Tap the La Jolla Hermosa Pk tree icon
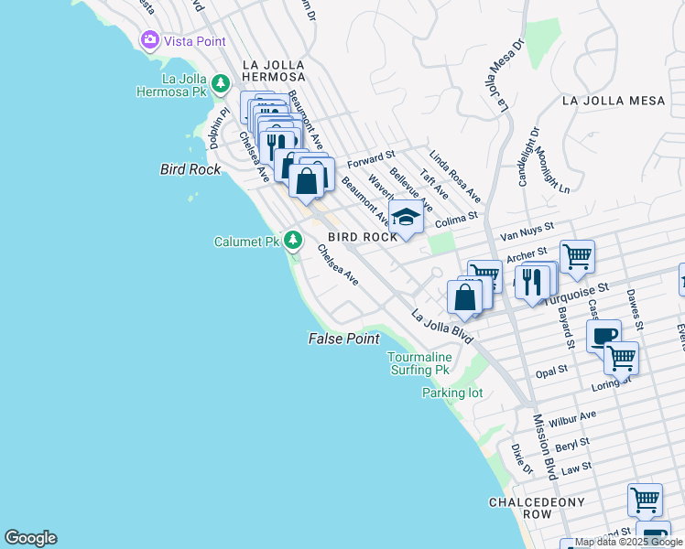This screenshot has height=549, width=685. click(221, 85)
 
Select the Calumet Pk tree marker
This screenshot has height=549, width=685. click(292, 241)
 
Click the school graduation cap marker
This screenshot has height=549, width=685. click(406, 216)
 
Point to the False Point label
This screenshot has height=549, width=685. click(342, 339)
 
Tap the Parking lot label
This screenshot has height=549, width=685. click(451, 393)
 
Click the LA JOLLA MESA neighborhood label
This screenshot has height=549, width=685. click(614, 101)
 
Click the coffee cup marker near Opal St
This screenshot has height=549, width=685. click(603, 336)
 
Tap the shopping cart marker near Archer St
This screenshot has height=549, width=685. click(577, 256)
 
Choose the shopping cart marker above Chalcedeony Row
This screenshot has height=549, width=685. click(645, 500)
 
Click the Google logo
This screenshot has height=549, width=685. click(30, 538)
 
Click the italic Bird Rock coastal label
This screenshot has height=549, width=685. click(190, 169)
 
